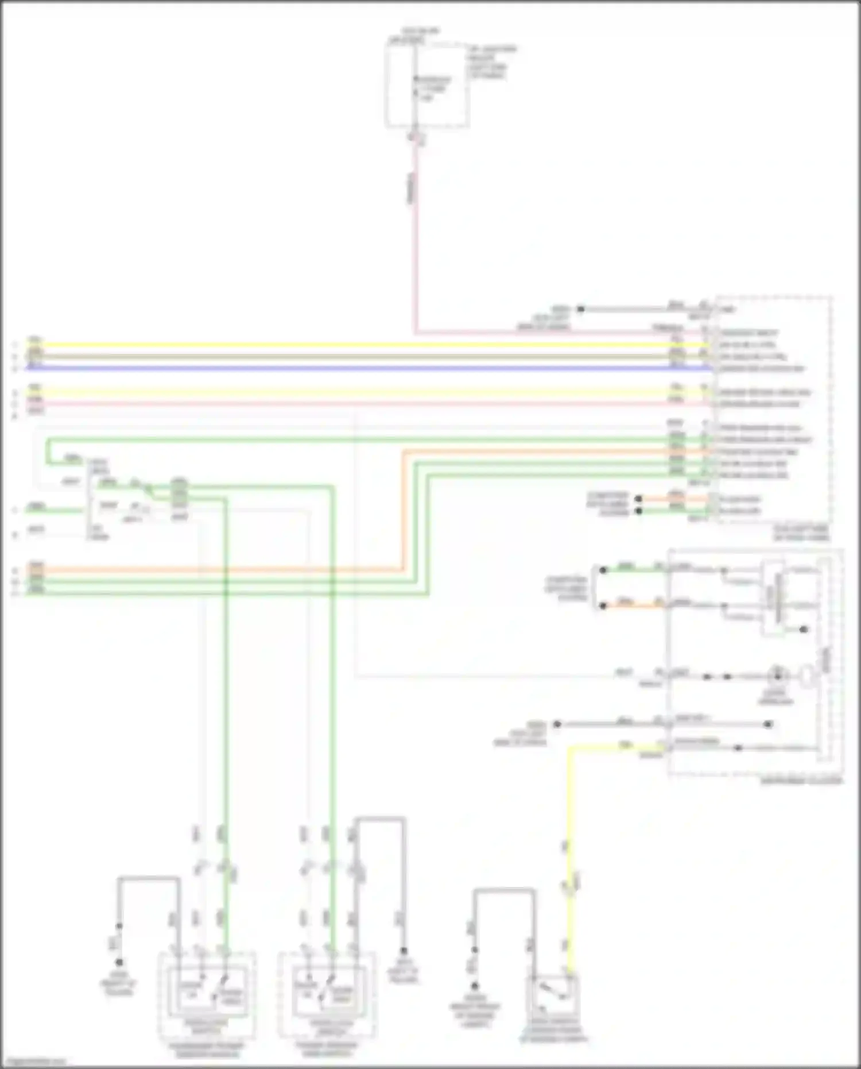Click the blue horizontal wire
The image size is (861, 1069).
click(x=344, y=368)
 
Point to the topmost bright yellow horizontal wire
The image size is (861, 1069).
click(x=344, y=345)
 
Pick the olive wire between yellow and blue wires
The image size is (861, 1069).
click(x=344, y=356)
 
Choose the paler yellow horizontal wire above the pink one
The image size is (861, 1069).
click(x=344, y=393)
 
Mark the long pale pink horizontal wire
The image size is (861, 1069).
click(x=344, y=404)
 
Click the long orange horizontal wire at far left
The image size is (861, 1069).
click(x=218, y=570)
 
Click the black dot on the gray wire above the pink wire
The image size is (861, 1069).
click(x=580, y=310)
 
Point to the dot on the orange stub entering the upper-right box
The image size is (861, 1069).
click(x=638, y=499)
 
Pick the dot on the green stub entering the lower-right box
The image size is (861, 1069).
click(x=603, y=570)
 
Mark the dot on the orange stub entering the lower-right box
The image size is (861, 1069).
click(x=603, y=606)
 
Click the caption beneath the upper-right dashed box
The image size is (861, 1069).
click(x=801, y=534)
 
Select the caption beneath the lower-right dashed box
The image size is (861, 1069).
click(x=801, y=782)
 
